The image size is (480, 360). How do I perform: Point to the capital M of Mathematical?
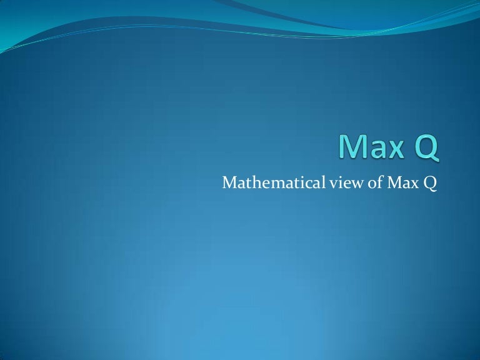[228, 182]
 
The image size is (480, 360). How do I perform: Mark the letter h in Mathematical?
[247, 182]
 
